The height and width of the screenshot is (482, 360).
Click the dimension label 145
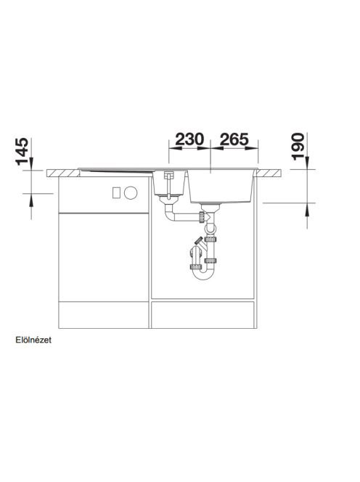pyautogui.click(x=22, y=151)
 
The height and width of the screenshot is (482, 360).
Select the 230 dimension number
pyautogui.click(x=189, y=139)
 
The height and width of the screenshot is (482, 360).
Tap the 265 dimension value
pyautogui.click(x=234, y=139)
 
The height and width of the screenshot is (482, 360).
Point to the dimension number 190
pyautogui.click(x=298, y=147)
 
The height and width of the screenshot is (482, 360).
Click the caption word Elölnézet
pyautogui.click(x=33, y=340)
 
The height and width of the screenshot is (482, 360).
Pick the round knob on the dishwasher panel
pyautogui.click(x=131, y=193)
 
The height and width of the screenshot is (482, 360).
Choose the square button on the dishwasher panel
pyautogui.click(x=116, y=193)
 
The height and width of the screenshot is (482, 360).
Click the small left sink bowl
pyautogui.click(x=169, y=183)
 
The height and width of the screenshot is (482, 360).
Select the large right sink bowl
pyautogui.click(x=221, y=187)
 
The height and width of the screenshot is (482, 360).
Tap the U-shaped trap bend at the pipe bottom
pyautogui.click(x=201, y=274)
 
